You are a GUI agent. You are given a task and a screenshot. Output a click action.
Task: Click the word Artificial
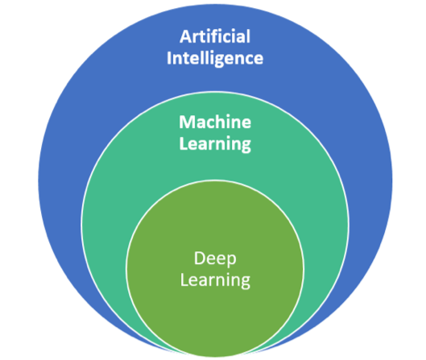pyautogui.click(x=215, y=36)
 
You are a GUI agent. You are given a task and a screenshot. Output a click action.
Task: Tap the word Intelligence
pyautogui.click(x=215, y=59)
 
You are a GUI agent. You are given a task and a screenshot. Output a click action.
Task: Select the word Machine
pyautogui.click(x=215, y=122)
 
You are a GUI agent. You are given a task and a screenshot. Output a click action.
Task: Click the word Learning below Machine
pyautogui.click(x=215, y=144)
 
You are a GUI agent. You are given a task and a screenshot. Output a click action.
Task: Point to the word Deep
pyautogui.click(x=215, y=259)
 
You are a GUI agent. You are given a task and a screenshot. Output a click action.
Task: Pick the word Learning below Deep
pyautogui.click(x=215, y=280)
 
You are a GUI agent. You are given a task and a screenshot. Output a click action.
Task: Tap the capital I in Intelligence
pyautogui.click(x=169, y=58)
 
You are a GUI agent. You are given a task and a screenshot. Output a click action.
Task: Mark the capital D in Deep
pyautogui.click(x=200, y=258)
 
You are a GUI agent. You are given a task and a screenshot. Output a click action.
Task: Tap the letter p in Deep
pyautogui.click(x=231, y=262)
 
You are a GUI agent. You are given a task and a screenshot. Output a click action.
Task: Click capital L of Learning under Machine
pyautogui.click(x=184, y=143)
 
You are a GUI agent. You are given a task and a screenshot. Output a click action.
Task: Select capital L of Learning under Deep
pyautogui.click(x=184, y=279)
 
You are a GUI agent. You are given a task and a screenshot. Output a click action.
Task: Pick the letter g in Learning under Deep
pyautogui.click(x=246, y=283)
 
